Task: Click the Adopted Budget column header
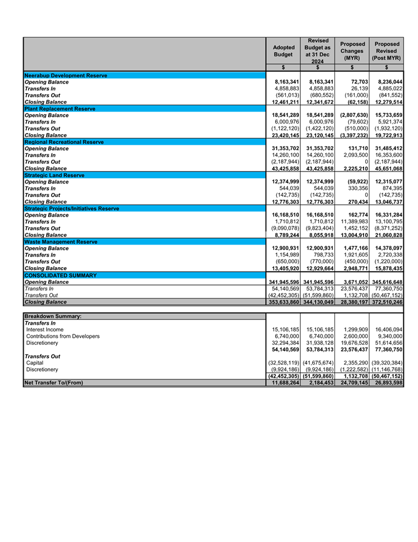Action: pos(283,50)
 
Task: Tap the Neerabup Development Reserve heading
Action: pos(65,75)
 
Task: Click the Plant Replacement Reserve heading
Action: pos(60,109)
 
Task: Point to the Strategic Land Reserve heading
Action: pos(55,175)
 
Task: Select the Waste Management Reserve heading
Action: pos(60,242)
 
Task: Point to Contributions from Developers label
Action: pos(63,336)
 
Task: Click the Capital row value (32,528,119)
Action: pos(283,362)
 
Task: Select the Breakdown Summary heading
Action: pos(53,316)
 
